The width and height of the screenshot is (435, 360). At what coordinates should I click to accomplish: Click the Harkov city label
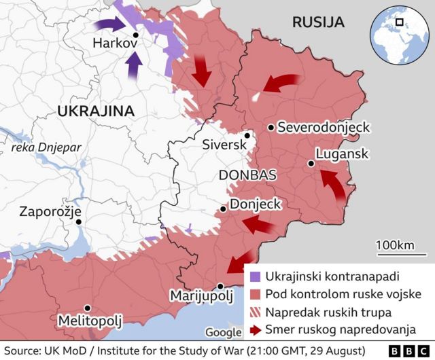tap(116, 43)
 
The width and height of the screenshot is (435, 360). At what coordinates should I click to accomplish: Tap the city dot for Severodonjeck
tap(271, 127)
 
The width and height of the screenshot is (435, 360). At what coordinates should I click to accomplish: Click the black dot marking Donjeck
tap(223, 209)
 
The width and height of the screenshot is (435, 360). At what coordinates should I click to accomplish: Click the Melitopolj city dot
tap(87, 308)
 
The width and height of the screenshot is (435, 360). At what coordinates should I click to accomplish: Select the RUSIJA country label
tap(317, 22)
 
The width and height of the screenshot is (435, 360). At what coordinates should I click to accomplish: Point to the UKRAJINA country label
tap(94, 111)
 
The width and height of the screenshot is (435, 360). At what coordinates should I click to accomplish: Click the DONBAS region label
tap(247, 175)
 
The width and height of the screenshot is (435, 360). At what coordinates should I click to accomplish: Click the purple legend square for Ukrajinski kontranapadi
tap(255, 277)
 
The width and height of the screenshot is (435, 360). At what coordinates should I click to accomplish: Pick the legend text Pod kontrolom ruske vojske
tap(343, 295)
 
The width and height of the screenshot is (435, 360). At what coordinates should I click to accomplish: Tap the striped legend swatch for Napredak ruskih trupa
tap(255, 312)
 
